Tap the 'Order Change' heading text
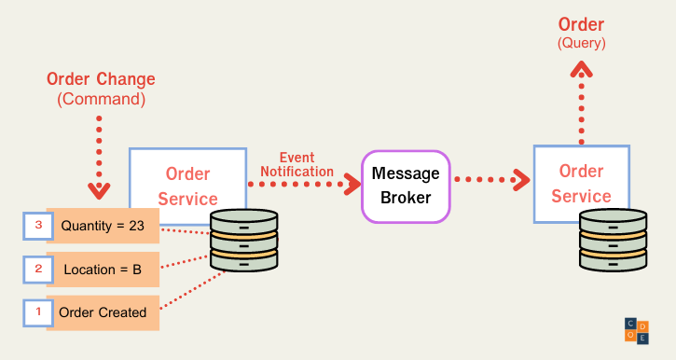tap(102, 79)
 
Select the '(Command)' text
tap(102, 100)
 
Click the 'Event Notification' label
tap(297, 164)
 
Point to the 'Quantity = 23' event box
tap(103, 225)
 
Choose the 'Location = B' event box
tap(103, 270)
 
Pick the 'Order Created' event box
tap(103, 312)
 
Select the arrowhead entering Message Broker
tap(352, 184)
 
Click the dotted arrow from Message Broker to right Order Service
tap(490, 179)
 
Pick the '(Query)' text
tap(581, 43)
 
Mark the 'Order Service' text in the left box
tap(188, 186)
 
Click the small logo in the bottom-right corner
tap(637, 327)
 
